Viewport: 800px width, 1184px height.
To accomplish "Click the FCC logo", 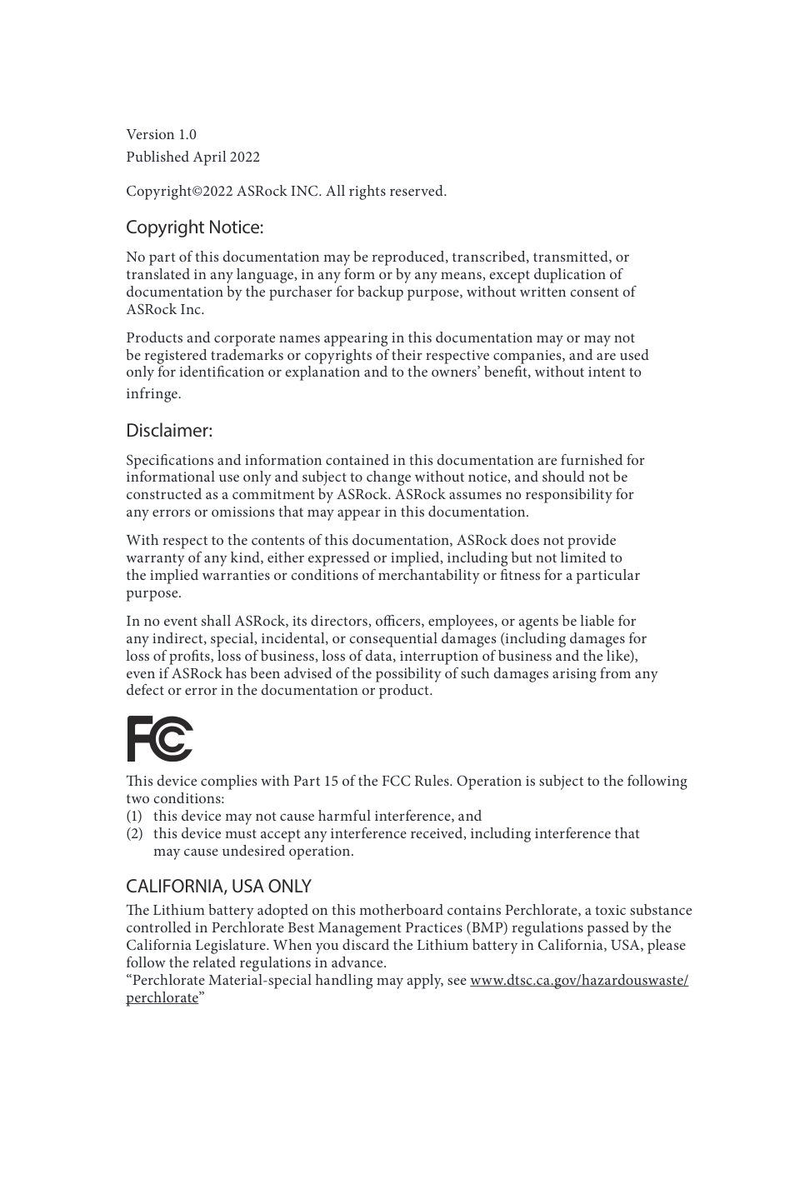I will click(159, 738).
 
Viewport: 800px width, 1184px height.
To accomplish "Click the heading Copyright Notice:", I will click(194, 227).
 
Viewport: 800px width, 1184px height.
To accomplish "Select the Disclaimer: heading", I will click(169, 431).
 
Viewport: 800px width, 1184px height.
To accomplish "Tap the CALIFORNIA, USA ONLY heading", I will click(218, 886).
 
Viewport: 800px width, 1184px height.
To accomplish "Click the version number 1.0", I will click(187, 135).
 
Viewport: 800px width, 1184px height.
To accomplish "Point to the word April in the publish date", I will click(211, 157).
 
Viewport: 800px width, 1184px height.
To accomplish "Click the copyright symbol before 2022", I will click(197, 192).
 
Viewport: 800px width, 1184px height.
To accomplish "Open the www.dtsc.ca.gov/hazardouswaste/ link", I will click(579, 981).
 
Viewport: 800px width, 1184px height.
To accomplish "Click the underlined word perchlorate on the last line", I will click(162, 998).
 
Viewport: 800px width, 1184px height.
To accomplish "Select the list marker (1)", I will click(134, 817).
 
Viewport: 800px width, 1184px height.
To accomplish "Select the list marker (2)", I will click(134, 834).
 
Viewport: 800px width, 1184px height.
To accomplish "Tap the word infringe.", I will click(153, 394).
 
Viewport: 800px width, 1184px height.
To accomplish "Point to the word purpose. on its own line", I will click(153, 593).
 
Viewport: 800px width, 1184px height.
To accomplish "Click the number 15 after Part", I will click(334, 782).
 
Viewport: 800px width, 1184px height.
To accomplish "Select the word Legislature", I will click(230, 946).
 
